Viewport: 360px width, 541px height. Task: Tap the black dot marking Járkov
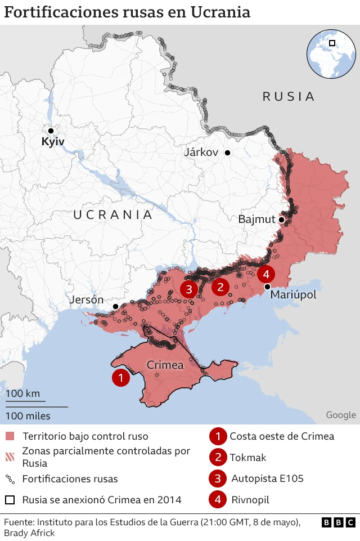click(228, 153)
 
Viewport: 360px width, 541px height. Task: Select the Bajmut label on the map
click(256, 219)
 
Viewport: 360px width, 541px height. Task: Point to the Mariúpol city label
click(293, 295)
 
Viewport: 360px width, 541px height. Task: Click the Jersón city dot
click(115, 306)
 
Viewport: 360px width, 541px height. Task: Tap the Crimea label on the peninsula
click(165, 365)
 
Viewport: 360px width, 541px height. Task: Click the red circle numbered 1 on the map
click(120, 378)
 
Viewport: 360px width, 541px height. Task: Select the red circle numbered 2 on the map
click(220, 287)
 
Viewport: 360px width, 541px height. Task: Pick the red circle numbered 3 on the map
click(188, 289)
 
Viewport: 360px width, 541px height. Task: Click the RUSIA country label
click(289, 96)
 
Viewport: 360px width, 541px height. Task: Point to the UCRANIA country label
click(113, 214)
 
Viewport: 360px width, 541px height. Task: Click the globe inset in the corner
click(331, 53)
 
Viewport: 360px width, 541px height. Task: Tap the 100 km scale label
click(23, 394)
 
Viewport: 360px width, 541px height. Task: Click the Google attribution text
click(341, 415)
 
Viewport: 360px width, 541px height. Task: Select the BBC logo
click(339, 522)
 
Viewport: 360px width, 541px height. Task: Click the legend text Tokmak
click(248, 457)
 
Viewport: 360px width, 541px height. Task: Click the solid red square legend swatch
click(10, 436)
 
